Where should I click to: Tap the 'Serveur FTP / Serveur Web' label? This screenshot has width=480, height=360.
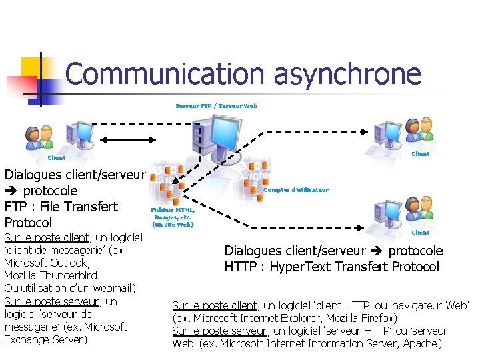[216, 106]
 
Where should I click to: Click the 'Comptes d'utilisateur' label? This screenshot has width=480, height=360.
[297, 190]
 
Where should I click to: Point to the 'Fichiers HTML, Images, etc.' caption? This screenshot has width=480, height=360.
[173, 217]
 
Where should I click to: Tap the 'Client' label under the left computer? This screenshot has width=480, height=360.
[57, 158]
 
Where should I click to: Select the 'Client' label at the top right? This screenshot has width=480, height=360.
[421, 154]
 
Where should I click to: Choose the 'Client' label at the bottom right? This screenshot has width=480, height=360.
[421, 233]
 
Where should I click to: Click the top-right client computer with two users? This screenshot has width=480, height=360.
[401, 133]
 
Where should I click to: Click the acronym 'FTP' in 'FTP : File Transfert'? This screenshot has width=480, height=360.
[17, 207]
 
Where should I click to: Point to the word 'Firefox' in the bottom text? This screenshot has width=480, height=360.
[379, 318]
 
